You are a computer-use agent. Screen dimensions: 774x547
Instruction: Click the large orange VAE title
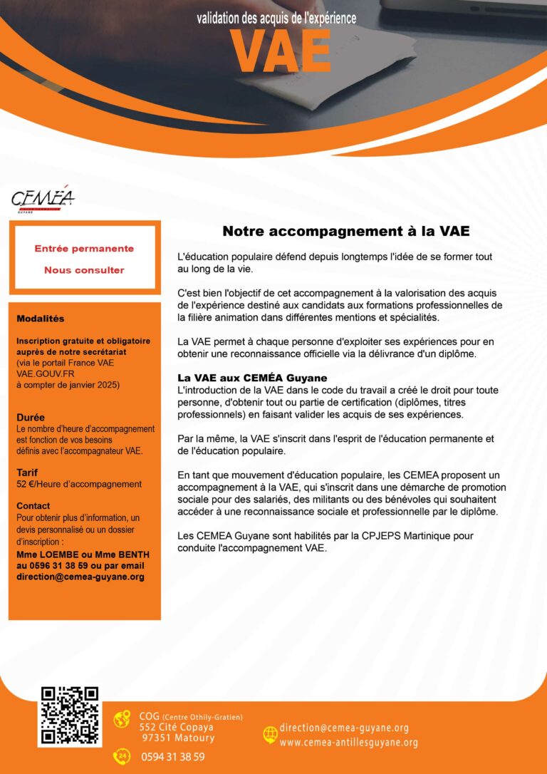[281, 51]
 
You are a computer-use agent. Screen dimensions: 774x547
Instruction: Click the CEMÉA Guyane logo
[43, 200]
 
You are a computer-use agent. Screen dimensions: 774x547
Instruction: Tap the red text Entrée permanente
[84, 249]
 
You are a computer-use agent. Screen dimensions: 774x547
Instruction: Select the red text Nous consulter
[84, 270]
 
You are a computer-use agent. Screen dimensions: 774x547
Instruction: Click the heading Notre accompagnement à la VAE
[346, 231]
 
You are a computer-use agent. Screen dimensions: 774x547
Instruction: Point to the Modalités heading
[40, 319]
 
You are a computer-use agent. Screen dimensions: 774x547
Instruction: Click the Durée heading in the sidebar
[31, 417]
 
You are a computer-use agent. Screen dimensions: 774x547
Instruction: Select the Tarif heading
[27, 472]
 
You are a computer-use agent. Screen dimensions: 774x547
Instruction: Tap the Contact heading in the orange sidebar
[33, 505]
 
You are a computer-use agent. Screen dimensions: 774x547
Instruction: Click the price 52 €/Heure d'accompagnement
[79, 484]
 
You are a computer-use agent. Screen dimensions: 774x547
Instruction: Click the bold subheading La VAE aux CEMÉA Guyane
[252, 377]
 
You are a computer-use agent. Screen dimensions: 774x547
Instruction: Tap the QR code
[70, 716]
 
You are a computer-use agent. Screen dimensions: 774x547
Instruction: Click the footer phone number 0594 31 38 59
[173, 757]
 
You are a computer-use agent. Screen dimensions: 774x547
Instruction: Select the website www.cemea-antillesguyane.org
[349, 742]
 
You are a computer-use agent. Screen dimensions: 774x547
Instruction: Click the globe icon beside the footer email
[270, 734]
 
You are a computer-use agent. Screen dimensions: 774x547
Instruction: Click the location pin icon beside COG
[122, 719]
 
